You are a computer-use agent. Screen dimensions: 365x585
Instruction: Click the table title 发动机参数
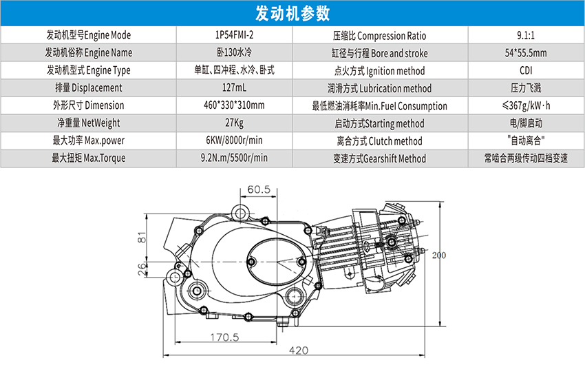[x=292, y=13]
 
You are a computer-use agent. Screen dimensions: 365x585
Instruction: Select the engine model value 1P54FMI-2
[x=235, y=35]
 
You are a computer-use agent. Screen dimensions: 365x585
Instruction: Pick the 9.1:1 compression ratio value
[x=526, y=35]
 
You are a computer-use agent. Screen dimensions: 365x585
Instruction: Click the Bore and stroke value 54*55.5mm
[x=526, y=53]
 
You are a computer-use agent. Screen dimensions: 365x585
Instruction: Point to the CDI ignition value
[x=526, y=70]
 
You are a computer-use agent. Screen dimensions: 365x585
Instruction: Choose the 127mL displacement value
[x=235, y=88]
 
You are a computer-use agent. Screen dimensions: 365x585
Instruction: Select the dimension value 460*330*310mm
[x=235, y=106]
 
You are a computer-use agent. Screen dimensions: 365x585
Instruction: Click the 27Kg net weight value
[x=235, y=123]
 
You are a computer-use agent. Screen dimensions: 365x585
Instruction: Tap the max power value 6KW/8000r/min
[x=235, y=141]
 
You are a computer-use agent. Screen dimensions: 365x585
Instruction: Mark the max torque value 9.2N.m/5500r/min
[x=235, y=158]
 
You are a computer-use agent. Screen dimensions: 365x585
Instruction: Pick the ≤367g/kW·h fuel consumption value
[x=526, y=106]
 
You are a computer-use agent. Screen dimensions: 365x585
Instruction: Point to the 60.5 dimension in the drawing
[x=259, y=189]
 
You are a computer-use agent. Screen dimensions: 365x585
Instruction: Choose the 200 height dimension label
[x=439, y=255]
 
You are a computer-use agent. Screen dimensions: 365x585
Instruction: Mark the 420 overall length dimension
[x=298, y=351]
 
